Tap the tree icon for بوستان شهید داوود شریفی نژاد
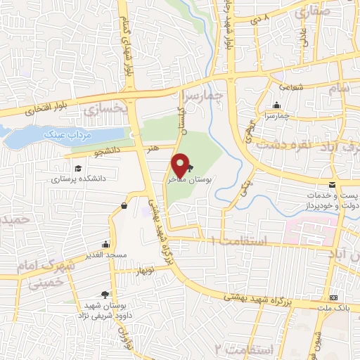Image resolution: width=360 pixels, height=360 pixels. [x=105, y=295]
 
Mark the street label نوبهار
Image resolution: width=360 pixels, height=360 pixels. [x=143, y=270]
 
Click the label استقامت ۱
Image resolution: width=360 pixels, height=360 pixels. [x=235, y=243]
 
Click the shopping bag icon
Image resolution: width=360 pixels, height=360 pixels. [x=124, y=206]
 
